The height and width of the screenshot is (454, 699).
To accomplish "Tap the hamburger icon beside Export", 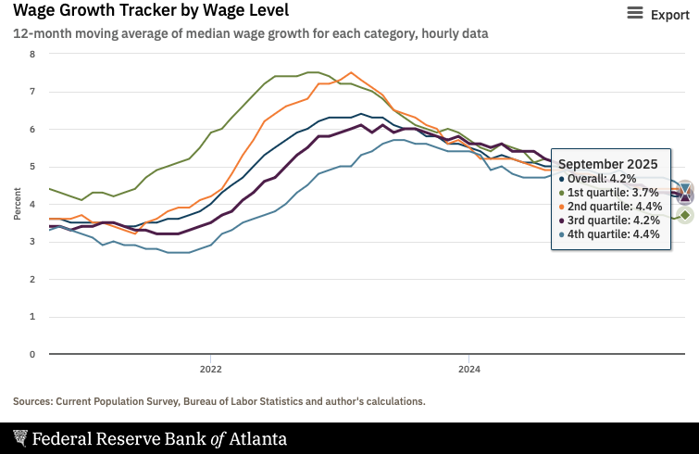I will pyautogui.click(x=635, y=13).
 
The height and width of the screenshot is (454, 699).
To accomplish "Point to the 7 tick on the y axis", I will pyautogui.click(x=32, y=92).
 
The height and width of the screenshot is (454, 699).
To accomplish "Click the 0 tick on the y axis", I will pyautogui.click(x=32, y=354).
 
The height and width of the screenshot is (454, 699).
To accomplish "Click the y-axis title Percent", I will pyautogui.click(x=18, y=204).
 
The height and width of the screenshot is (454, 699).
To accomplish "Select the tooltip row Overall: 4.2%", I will pyautogui.click(x=603, y=179).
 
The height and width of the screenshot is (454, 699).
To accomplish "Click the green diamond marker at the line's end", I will pyautogui.click(x=685, y=215).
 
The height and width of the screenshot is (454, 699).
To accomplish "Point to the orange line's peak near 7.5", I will pyautogui.click(x=351, y=72).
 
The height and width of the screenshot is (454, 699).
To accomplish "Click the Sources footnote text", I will pyautogui.click(x=219, y=401).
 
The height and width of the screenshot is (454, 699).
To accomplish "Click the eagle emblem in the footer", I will pyautogui.click(x=20, y=438).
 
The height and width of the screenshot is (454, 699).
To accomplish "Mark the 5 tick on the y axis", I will pyautogui.click(x=32, y=167).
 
